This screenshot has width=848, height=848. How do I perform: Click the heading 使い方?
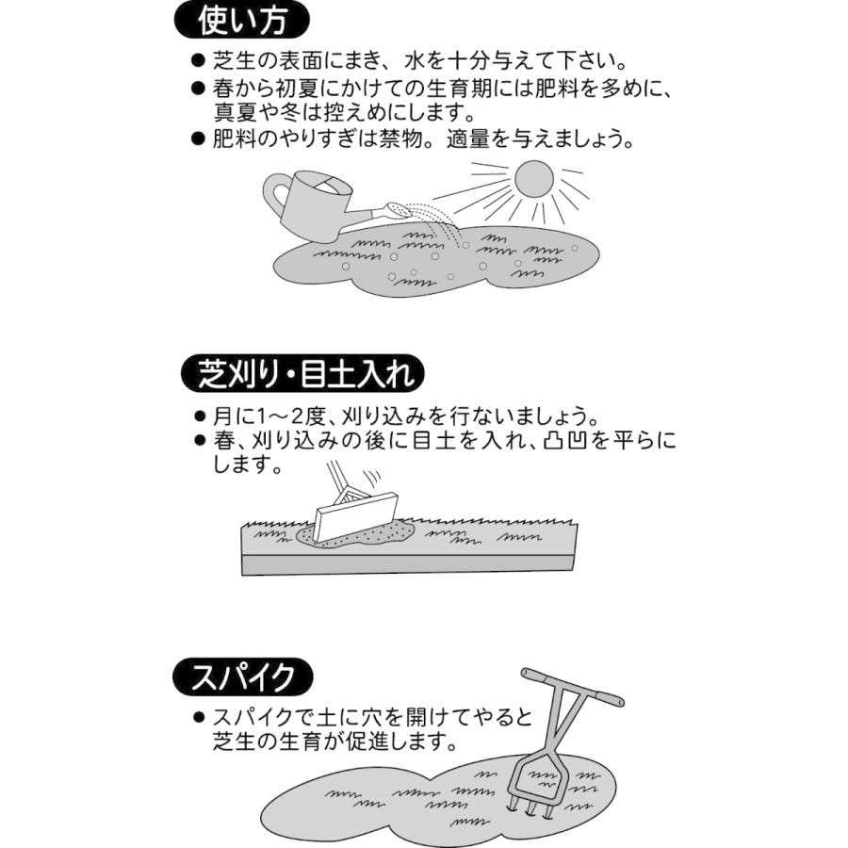click(x=242, y=20)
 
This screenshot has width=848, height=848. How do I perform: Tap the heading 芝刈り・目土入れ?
click(x=302, y=374)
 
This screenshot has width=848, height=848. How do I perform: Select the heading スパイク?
click(x=243, y=677)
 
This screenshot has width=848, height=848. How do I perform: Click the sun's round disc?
click(x=533, y=180)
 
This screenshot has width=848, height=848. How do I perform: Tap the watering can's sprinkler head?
click(x=397, y=209)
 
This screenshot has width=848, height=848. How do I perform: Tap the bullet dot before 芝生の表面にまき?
click(x=198, y=63)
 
